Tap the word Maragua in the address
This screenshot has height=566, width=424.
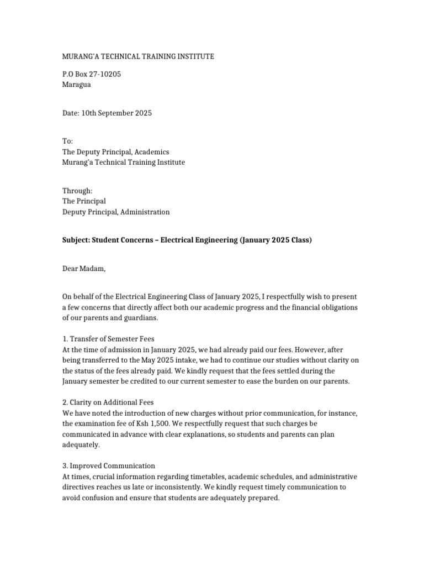[x=76, y=85]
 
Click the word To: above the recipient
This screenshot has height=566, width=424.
[x=67, y=141]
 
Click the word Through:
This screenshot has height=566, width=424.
[x=77, y=190]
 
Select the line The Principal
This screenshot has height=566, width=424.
[x=84, y=201]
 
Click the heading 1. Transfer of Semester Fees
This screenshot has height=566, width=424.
[x=112, y=338]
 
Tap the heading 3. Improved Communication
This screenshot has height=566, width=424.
[x=109, y=466]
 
